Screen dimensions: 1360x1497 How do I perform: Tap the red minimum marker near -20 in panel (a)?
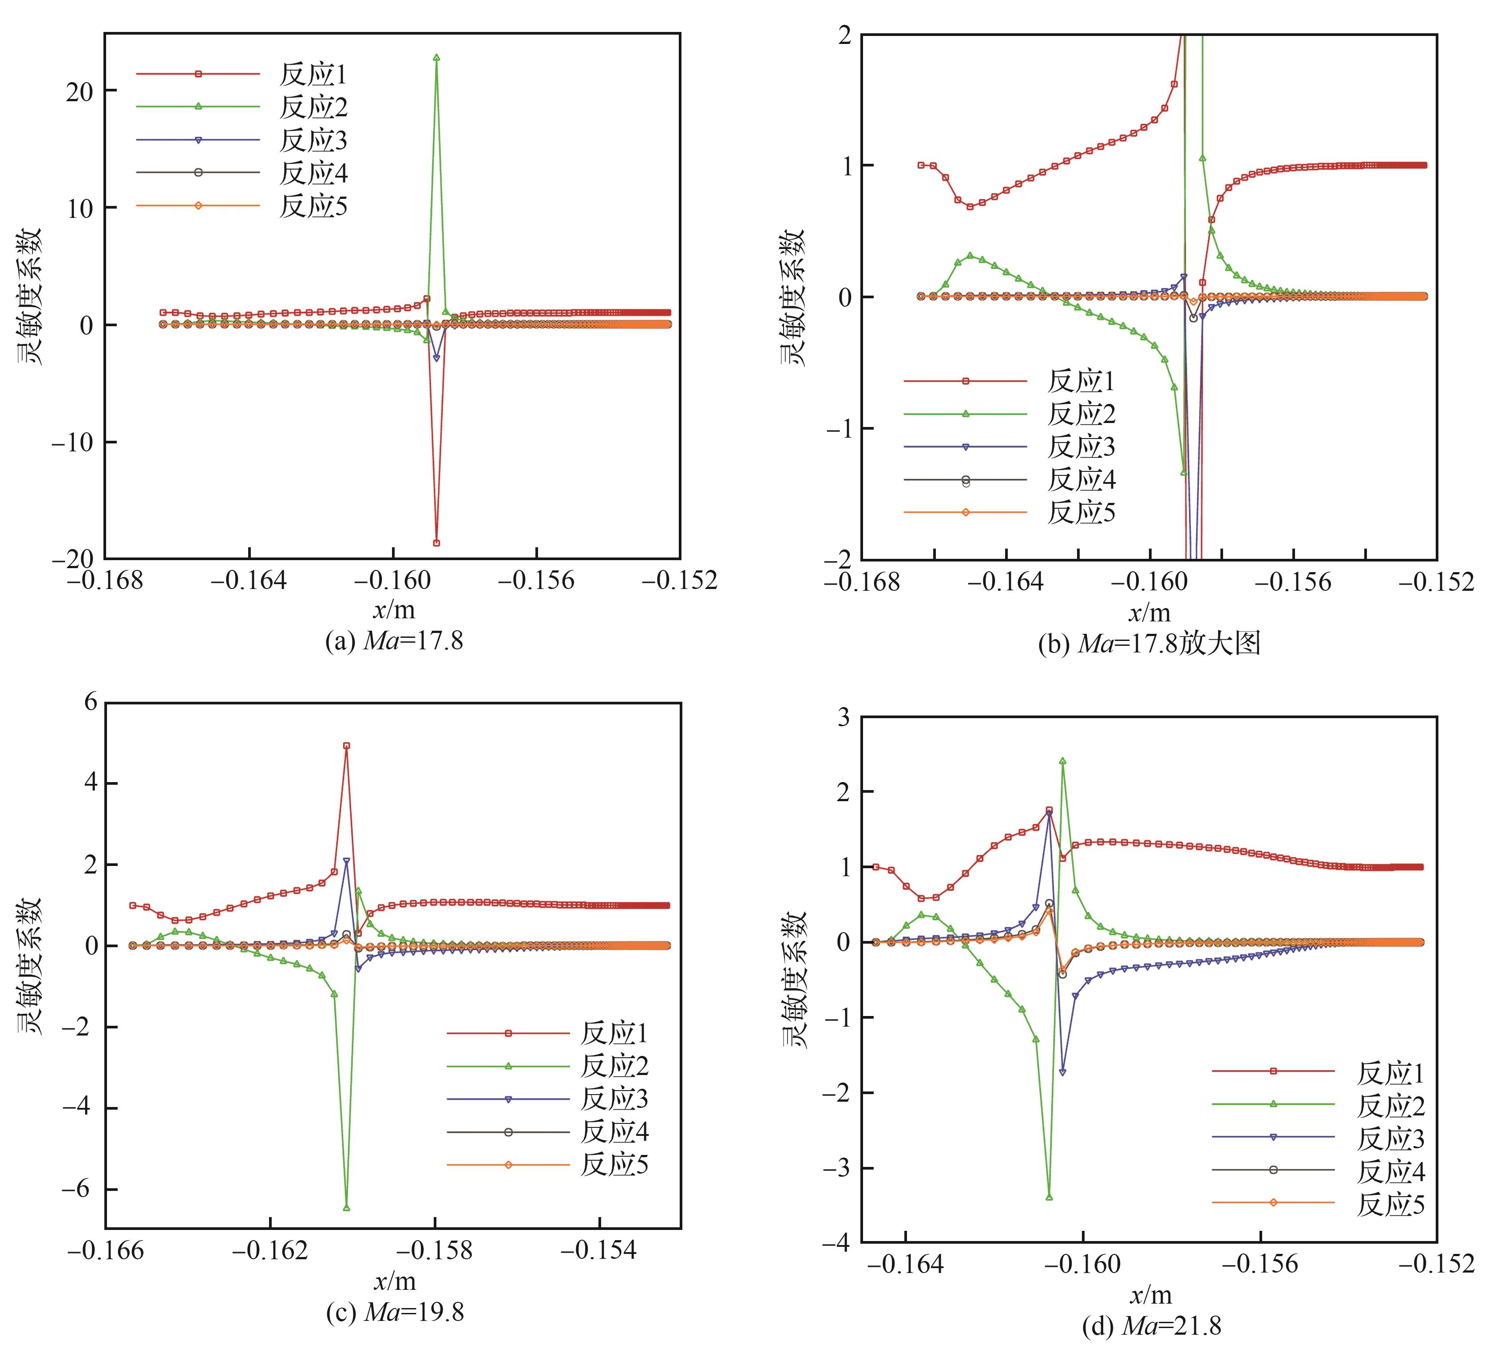tap(436, 543)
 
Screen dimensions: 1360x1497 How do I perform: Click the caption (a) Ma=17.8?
tap(393, 640)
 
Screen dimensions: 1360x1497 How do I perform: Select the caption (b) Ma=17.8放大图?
tap(1149, 643)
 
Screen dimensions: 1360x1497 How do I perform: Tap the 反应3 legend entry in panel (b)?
tap(1081, 447)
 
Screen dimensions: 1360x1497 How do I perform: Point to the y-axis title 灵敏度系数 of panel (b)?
tap(792, 297)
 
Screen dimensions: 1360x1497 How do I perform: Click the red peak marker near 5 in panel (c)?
tap(346, 745)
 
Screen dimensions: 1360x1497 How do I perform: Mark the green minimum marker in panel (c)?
tap(346, 1208)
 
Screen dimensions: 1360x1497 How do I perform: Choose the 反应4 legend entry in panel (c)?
tap(614, 1132)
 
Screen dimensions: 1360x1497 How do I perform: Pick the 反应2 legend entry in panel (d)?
tap(1390, 1106)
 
